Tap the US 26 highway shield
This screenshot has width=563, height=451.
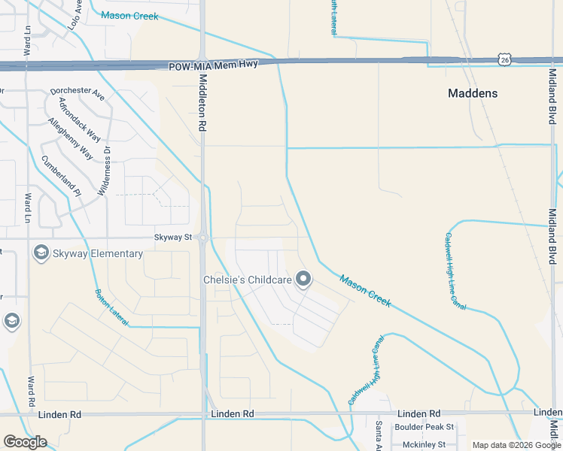(x=504, y=59)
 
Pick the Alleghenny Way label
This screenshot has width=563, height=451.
(x=70, y=139)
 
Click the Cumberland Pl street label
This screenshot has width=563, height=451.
(x=61, y=176)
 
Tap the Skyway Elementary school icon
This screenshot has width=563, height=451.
(x=41, y=253)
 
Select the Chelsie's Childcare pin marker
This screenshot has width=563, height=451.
(x=303, y=280)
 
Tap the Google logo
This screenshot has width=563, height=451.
(x=25, y=441)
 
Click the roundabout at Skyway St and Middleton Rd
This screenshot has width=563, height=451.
(x=203, y=238)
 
